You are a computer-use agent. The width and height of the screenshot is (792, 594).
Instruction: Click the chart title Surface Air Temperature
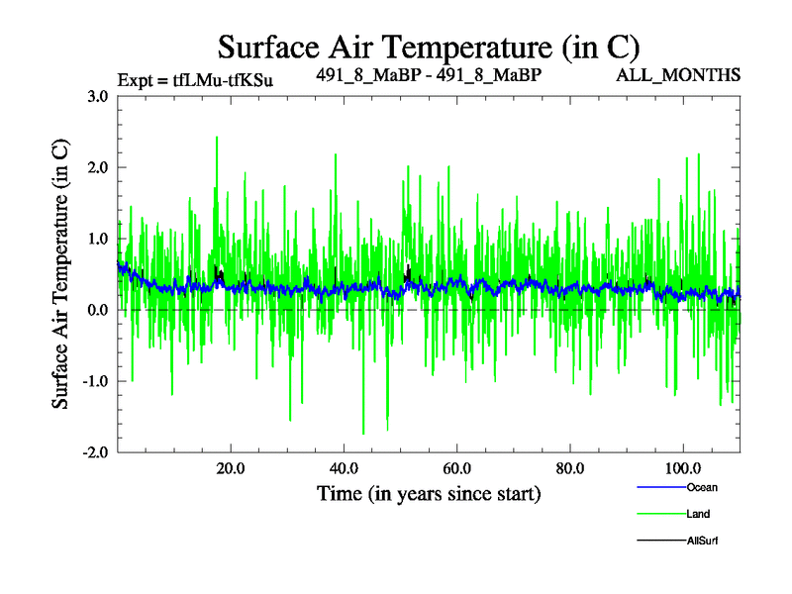click(429, 47)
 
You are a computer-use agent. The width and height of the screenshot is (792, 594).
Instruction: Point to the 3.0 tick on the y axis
click(97, 97)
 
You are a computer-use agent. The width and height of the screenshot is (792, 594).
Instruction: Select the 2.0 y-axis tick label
click(97, 167)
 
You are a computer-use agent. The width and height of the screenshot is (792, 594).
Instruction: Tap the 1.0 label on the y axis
click(97, 239)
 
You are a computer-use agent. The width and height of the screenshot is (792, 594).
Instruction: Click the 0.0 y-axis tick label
click(97, 310)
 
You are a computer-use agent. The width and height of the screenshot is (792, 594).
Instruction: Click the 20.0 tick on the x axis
click(231, 467)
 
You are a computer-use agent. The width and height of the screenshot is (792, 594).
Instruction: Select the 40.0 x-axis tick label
click(344, 467)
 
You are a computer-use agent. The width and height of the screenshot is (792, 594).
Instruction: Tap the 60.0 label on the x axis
click(456, 467)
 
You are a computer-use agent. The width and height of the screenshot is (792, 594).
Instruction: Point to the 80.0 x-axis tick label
click(569, 467)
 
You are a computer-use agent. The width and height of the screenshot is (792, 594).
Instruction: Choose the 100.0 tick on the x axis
click(682, 467)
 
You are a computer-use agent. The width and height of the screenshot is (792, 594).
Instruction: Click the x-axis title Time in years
click(429, 493)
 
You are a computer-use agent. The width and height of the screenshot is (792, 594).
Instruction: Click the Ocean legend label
click(702, 487)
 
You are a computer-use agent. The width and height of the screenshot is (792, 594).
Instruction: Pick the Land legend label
click(697, 514)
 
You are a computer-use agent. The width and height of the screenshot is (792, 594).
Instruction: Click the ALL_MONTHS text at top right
click(679, 75)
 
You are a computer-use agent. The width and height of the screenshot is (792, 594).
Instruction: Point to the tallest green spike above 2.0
click(216, 139)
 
